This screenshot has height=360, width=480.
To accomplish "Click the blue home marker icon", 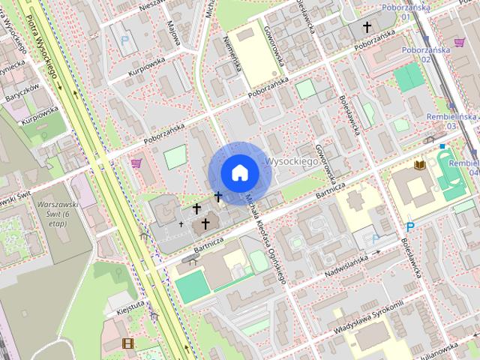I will (240, 172).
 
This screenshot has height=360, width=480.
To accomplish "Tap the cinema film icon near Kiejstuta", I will (127, 343).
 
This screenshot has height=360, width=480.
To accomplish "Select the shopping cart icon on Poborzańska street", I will (136, 163).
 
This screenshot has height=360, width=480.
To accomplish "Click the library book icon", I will (418, 165).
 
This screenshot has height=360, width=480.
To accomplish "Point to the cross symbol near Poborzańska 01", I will (367, 28).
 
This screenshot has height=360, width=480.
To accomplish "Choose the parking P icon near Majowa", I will (125, 40).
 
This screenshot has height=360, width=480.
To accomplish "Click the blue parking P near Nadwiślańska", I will (409, 226).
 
